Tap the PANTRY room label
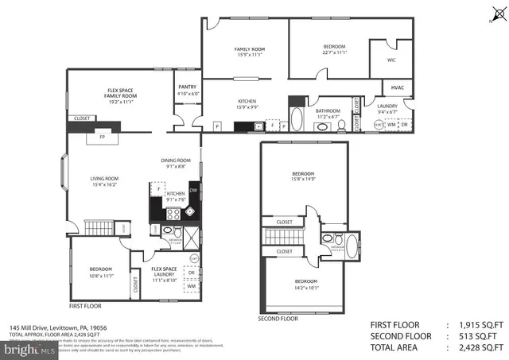(x=187, y=87)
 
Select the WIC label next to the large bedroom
(x=391, y=60)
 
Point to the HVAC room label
(x=397, y=88)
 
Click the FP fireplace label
(x=102, y=137)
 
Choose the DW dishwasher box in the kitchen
(x=192, y=188)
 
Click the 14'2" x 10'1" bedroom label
(x=306, y=285)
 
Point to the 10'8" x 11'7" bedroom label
(x=100, y=269)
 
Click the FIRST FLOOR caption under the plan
(x=87, y=306)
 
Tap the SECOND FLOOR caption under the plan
(x=278, y=319)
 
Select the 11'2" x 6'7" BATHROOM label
(x=328, y=114)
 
